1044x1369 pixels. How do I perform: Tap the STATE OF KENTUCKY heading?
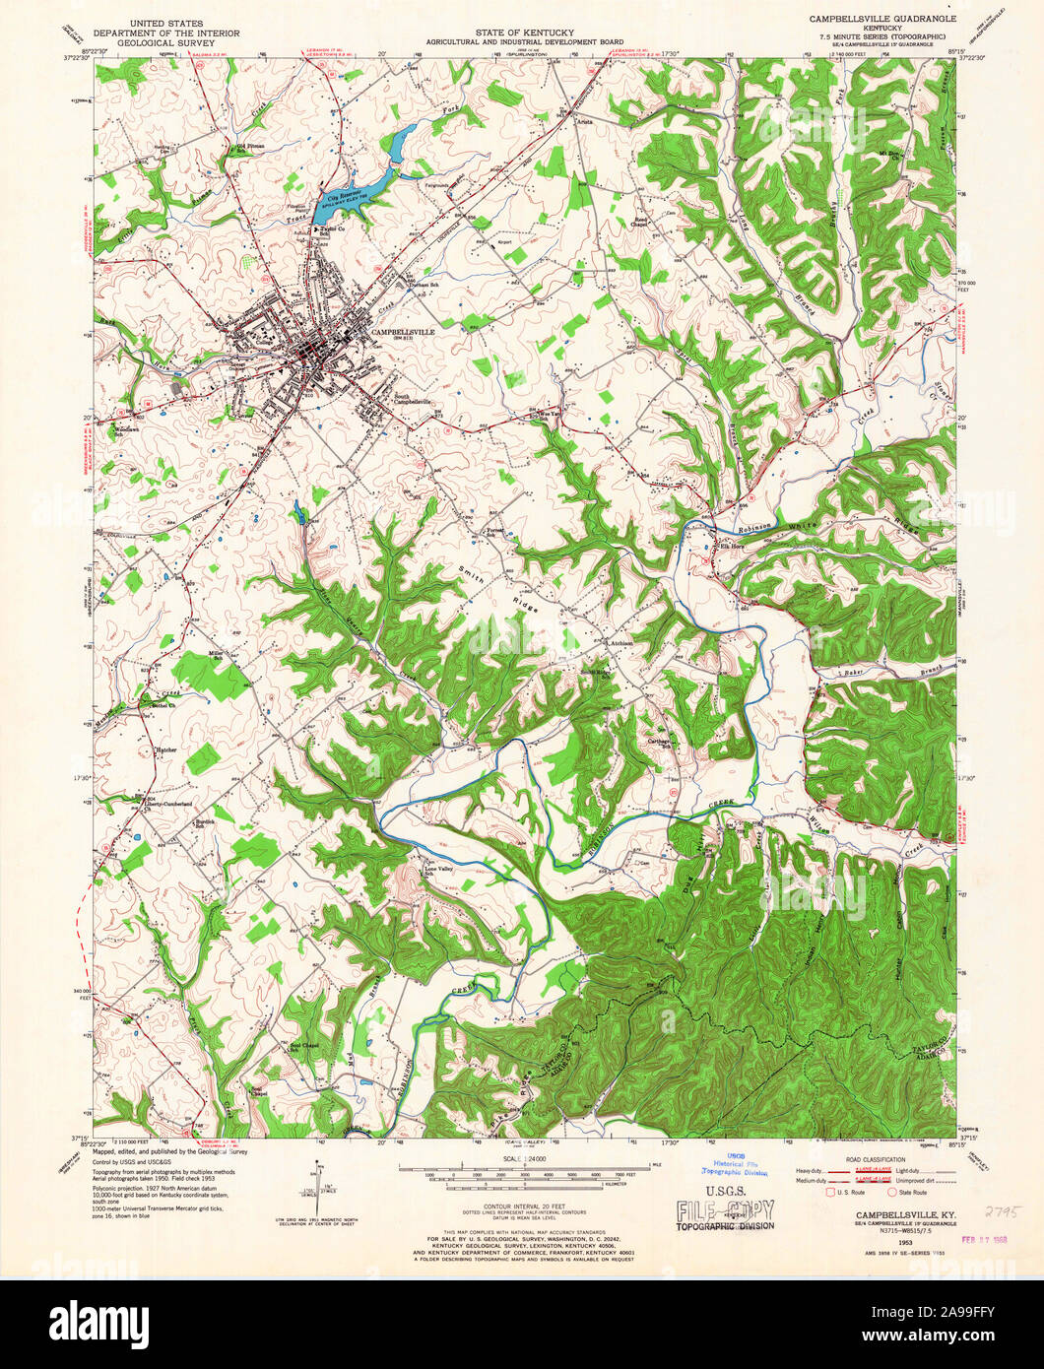pos(521,33)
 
